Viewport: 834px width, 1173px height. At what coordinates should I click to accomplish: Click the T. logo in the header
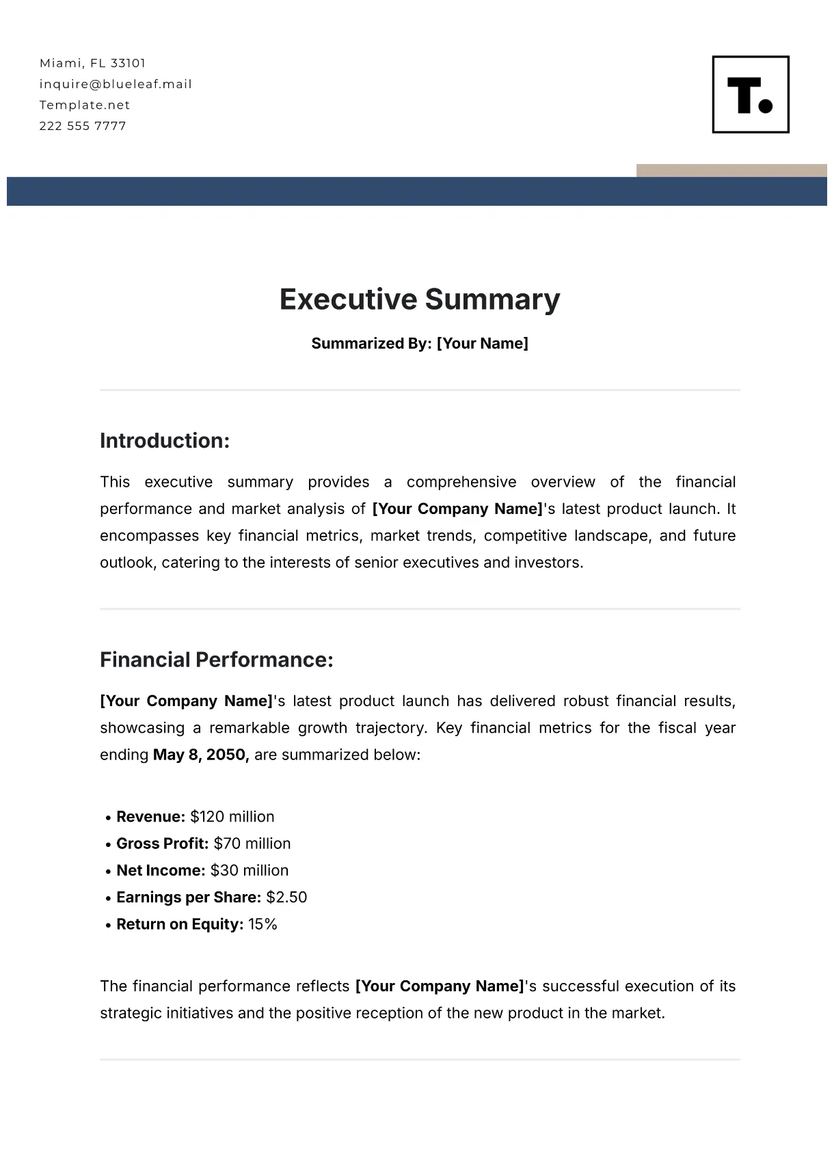pos(751,94)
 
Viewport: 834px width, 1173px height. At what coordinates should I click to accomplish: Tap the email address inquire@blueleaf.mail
pos(116,84)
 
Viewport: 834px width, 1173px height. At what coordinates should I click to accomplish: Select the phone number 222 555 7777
pos(83,126)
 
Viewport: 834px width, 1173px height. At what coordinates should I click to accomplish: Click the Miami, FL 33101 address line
pos(92,64)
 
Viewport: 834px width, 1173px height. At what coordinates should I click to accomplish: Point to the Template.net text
pos(84,105)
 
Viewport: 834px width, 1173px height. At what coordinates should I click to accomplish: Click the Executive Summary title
pos(419,299)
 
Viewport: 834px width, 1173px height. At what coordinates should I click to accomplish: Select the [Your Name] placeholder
pos(482,343)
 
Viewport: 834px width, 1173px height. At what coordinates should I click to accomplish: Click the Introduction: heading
pos(164,441)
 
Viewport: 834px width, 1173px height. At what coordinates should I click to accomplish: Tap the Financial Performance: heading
pos(216,660)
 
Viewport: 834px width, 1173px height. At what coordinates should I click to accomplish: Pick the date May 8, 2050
pos(200,755)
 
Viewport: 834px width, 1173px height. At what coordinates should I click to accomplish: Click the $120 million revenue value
pos(232,817)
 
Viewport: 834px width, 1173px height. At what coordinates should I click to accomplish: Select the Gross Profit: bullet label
pos(162,844)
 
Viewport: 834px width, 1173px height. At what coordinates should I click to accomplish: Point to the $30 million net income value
pos(249,870)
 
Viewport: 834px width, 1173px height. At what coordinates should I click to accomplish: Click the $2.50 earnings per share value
pos(286,898)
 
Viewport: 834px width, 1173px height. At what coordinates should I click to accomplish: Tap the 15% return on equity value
pos(263,924)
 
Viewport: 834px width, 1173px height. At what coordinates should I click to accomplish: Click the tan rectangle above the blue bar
pos(731,170)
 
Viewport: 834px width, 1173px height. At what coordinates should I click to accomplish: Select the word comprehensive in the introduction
pos(461,482)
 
